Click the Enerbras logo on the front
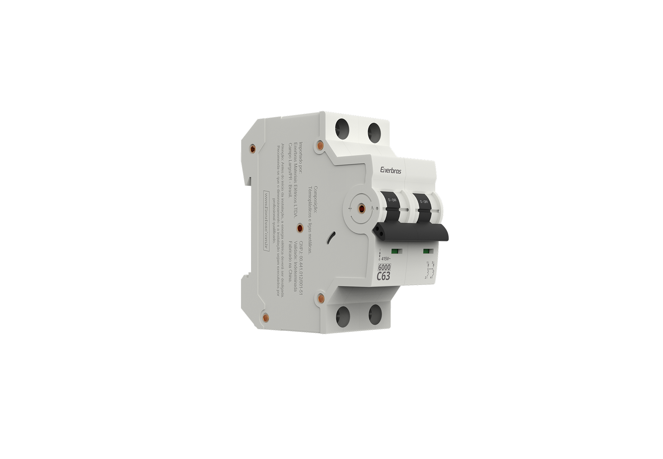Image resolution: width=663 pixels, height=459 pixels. pyautogui.click(x=391, y=171)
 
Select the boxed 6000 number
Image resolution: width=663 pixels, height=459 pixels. pyautogui.click(x=384, y=268)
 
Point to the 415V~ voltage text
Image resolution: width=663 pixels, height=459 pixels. pyautogui.click(x=386, y=259)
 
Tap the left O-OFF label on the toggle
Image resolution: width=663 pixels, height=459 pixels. pyautogui.click(x=392, y=200)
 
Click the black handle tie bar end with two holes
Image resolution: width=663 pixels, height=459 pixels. pyautogui.click(x=380, y=231)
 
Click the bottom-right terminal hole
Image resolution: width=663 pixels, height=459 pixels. pyautogui.click(x=375, y=314)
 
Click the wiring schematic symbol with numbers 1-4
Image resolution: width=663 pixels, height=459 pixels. pyautogui.click(x=430, y=270)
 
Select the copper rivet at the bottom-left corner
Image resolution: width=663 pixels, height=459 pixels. pyautogui.click(x=265, y=317)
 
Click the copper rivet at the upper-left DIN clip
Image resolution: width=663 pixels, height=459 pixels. pyautogui.click(x=252, y=149)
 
